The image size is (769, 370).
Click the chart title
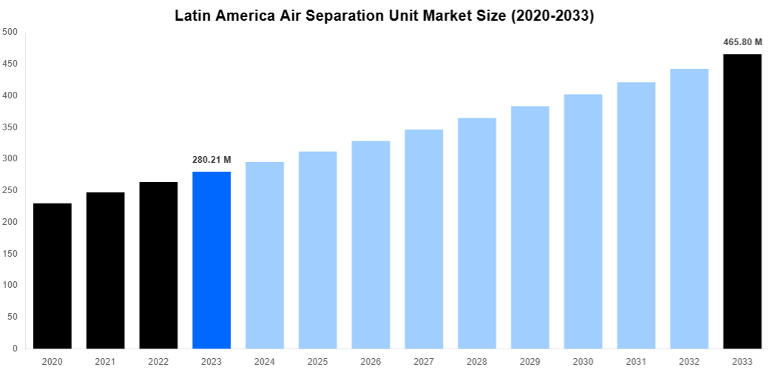tap(384, 16)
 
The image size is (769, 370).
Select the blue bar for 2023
tap(211, 259)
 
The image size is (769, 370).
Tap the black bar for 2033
tap(742, 200)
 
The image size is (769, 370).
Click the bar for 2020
tap(52, 275)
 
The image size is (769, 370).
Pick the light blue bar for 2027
tap(424, 238)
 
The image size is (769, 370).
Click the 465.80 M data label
tap(742, 42)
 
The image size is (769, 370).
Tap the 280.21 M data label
tap(211, 160)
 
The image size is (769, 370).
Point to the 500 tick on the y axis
tap(10, 32)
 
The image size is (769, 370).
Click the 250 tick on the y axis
tap(10, 190)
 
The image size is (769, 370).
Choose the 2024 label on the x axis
tap(265, 361)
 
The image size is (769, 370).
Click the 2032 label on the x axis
tap(689, 361)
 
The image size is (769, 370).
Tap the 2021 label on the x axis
tap(106, 361)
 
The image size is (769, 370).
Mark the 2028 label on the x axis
tap(477, 361)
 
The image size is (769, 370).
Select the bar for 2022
tap(159, 265)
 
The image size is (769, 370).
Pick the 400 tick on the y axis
tap(10, 95)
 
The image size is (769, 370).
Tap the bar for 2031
tap(636, 215)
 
